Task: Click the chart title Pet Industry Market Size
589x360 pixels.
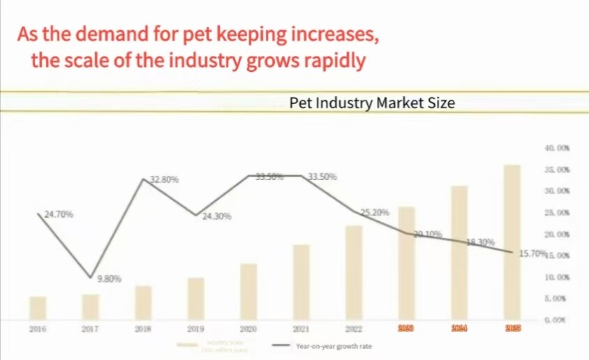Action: [372, 103]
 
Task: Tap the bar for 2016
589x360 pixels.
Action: [38, 308]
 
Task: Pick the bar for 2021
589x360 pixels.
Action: [301, 282]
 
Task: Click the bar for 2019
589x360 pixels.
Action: [196, 299]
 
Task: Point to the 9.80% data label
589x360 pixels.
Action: [109, 279]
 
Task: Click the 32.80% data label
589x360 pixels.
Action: [165, 179]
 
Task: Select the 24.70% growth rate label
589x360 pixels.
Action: [59, 215]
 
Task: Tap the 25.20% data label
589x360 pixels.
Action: [374, 212]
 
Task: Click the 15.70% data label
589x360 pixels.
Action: [532, 254]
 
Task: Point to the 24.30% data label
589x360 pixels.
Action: [217, 217]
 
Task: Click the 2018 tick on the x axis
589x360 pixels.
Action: [143, 329]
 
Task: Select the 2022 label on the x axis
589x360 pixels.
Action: [354, 329]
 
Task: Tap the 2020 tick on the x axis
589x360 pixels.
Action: [248, 329]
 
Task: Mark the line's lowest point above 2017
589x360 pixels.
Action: [91, 277]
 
